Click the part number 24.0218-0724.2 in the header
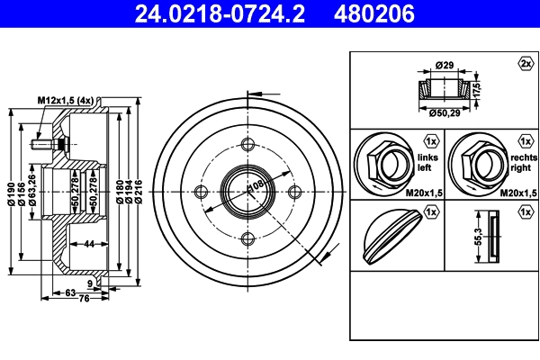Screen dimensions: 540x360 tap(220, 13)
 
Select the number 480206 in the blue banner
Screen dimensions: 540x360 tap(374, 13)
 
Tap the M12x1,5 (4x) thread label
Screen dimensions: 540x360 tap(66, 101)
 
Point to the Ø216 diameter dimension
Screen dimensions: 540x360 tap(138, 192)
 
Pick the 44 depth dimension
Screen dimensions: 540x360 tap(89, 244)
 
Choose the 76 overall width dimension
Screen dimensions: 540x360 tap(84, 298)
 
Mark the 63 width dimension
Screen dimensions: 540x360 tap(70, 292)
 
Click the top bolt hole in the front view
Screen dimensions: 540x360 tap(247, 145)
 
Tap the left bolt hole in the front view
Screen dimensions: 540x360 tap(201, 192)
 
